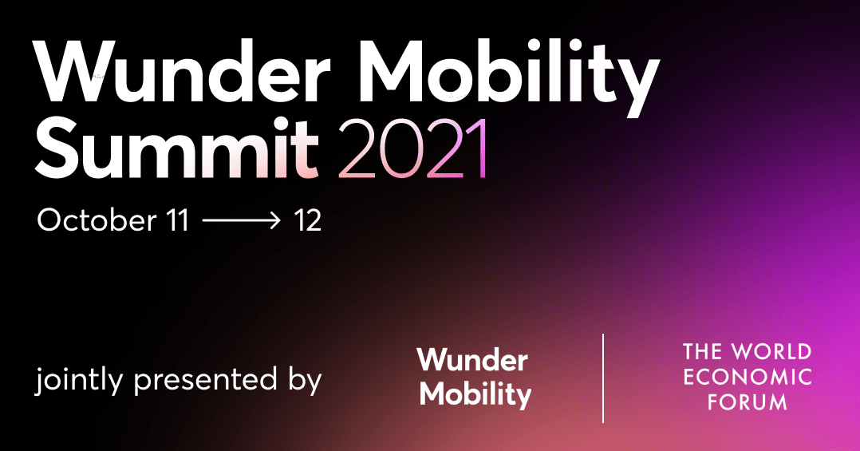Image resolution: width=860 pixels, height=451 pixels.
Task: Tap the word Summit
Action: point(177,149)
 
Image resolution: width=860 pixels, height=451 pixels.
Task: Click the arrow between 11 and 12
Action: point(242,220)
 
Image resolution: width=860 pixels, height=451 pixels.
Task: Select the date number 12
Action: point(307,220)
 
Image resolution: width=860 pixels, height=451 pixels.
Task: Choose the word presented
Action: point(201,381)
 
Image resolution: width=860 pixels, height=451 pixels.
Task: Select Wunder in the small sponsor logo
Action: point(472,360)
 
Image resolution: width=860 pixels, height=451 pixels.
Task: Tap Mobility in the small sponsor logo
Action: point(475,394)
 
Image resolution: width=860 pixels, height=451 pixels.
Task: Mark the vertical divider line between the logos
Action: point(603,378)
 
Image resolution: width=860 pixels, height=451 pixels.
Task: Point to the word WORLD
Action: point(771,352)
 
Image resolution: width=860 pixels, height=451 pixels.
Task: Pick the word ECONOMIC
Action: point(748,377)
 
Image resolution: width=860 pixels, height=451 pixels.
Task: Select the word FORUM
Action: point(748,402)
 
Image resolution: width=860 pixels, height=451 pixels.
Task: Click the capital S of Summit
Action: point(58,149)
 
